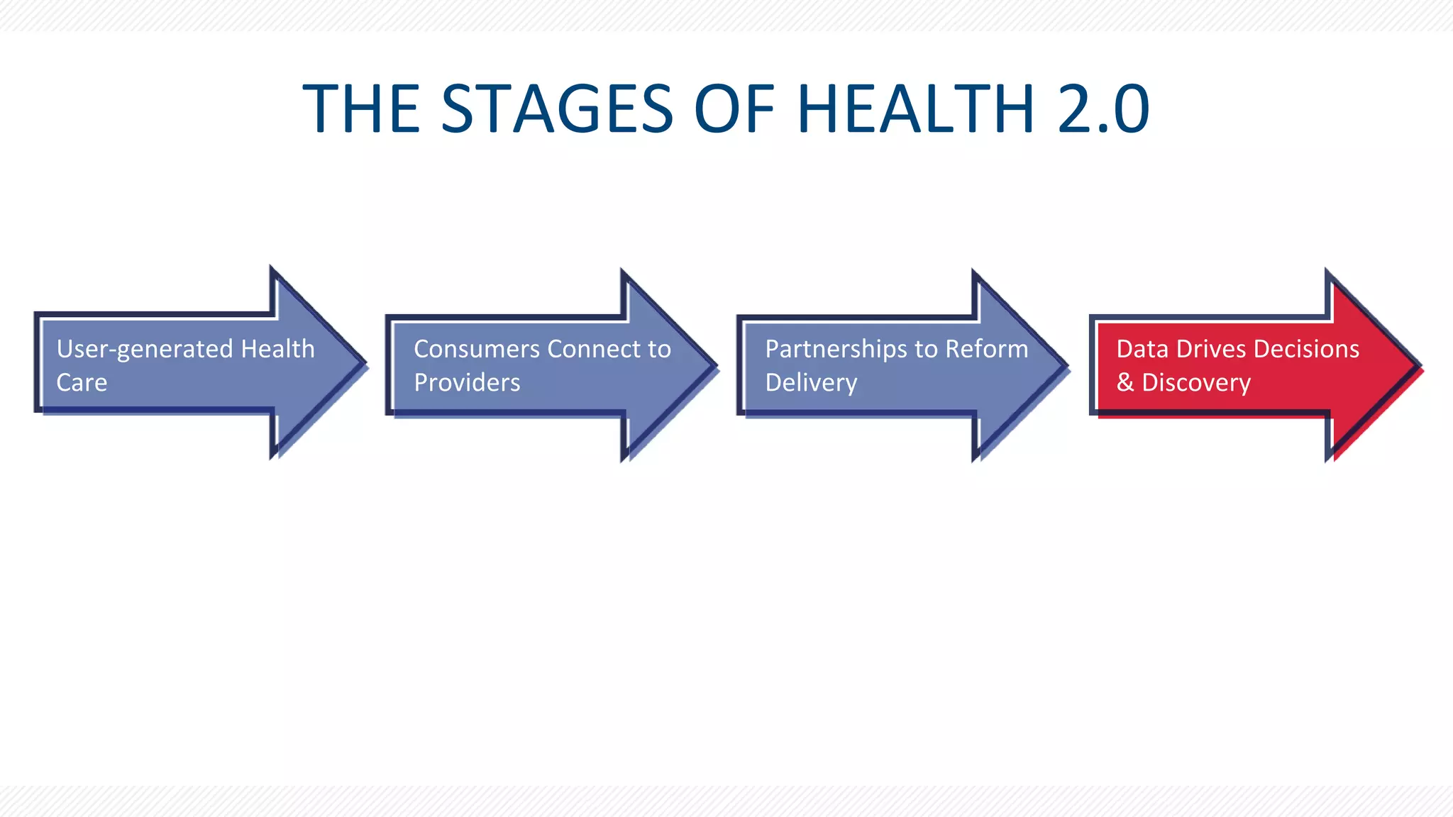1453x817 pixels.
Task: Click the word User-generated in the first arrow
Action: (x=145, y=350)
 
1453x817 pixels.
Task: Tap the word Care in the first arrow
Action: (x=82, y=383)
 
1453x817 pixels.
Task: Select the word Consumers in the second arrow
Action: (x=477, y=349)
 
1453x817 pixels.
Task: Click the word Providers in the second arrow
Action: (x=467, y=383)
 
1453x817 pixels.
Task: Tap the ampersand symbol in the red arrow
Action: (x=1125, y=383)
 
